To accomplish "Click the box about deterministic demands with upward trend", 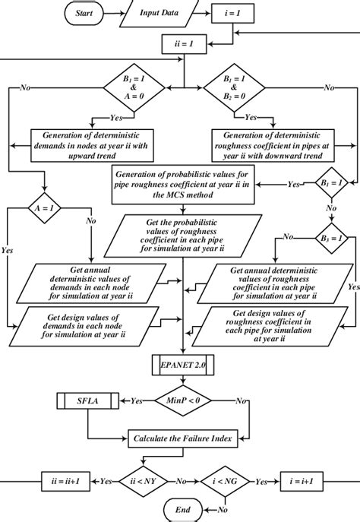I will [91, 141].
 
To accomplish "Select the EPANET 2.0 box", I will [183, 365].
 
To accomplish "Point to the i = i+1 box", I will [308, 479].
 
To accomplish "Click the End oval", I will [183, 508].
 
